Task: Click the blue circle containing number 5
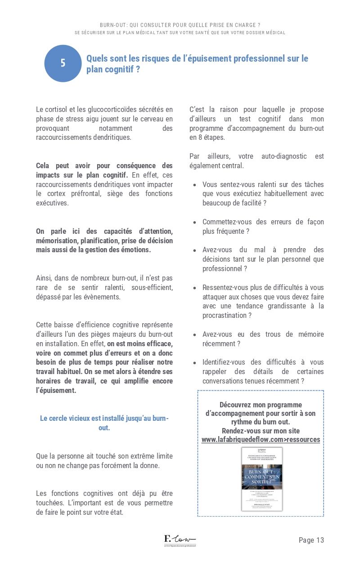coord(63,63)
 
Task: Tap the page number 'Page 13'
coord(311,540)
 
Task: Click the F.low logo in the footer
coord(180,540)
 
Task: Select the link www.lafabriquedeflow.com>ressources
coord(261,439)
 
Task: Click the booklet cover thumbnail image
coord(262,479)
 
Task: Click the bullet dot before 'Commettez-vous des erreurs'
coord(194,223)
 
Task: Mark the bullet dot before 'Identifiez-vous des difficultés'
coord(194,363)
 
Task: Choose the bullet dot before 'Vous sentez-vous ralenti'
coord(194,185)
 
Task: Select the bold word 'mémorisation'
coord(57,241)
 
